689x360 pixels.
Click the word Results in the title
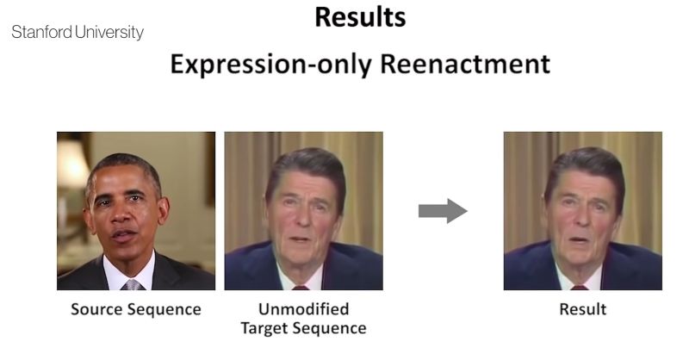click(360, 17)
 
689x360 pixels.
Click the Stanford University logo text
click(78, 32)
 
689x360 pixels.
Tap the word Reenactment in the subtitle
click(465, 64)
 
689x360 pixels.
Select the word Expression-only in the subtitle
click(272, 65)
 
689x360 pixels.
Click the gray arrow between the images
click(443, 211)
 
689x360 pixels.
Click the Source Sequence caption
click(136, 309)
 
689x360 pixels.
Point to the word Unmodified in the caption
click(304, 309)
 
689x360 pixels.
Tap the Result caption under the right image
click(583, 309)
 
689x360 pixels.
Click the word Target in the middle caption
click(264, 328)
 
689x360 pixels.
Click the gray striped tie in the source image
click(133, 285)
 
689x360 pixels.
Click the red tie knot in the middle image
click(301, 288)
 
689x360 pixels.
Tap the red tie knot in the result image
click(579, 288)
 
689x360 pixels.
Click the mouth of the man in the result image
click(579, 240)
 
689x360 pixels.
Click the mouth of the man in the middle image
click(300, 239)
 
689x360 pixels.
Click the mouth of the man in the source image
click(123, 236)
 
